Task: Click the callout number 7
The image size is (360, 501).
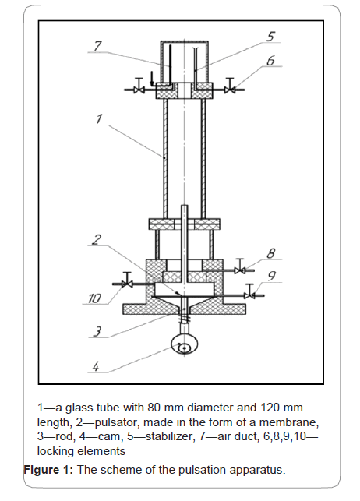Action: (x=97, y=46)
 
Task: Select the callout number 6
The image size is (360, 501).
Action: (x=270, y=61)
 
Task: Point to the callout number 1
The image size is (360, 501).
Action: (x=99, y=118)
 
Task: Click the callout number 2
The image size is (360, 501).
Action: (x=97, y=239)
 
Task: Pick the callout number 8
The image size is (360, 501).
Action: (x=270, y=253)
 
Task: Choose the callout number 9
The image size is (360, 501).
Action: (x=271, y=276)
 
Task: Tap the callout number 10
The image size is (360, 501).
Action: (x=95, y=298)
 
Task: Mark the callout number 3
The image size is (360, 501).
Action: (x=97, y=331)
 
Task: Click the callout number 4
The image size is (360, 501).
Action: (x=96, y=366)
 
